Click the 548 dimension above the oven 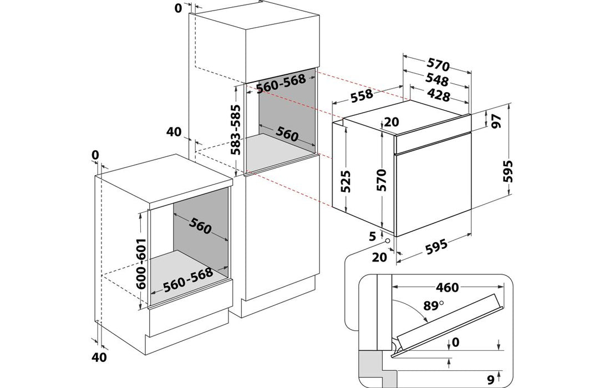point(438,79)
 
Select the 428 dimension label point(438,95)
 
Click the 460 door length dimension point(447,287)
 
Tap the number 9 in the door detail point(490,380)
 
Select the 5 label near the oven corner point(373,236)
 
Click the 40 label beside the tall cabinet point(173,132)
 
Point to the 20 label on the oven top point(392,122)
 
